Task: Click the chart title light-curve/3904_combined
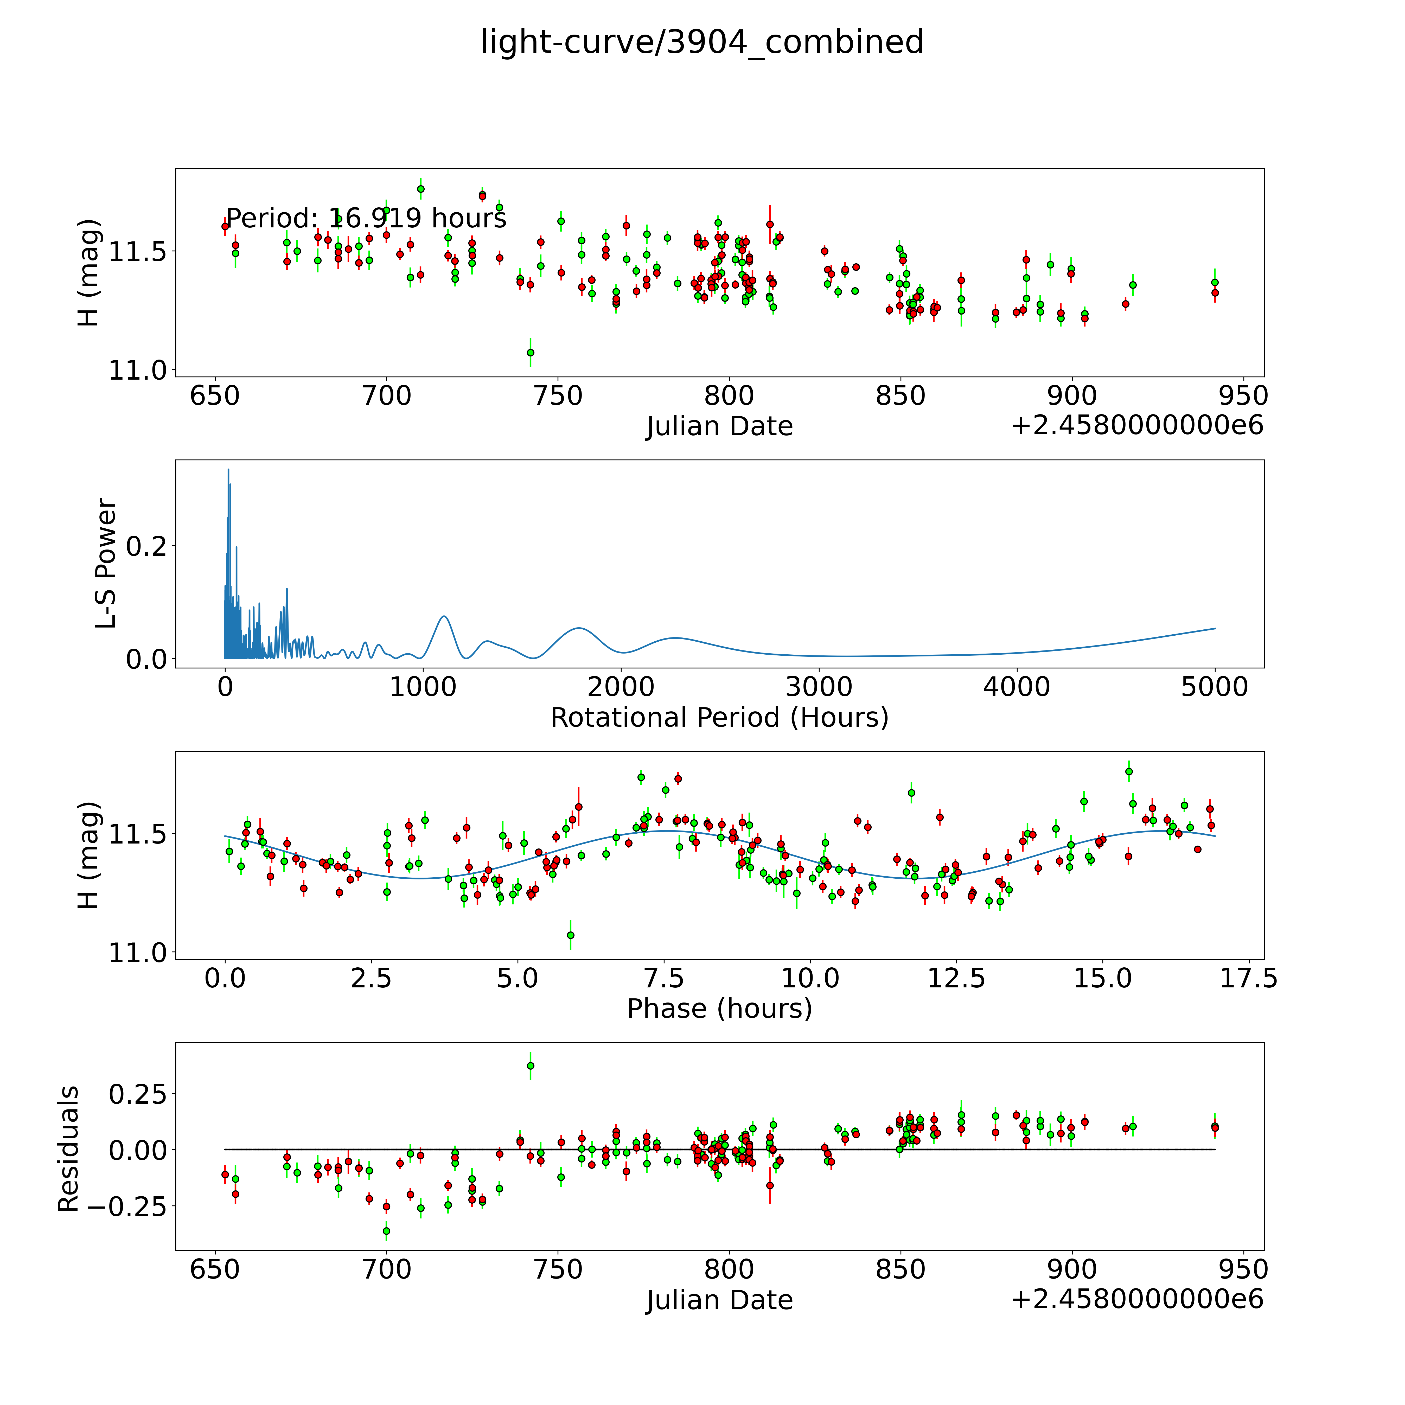(x=702, y=42)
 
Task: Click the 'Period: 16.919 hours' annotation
(x=366, y=218)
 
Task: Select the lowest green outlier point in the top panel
(x=530, y=353)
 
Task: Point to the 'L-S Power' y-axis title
(x=106, y=564)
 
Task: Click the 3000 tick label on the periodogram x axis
(x=819, y=687)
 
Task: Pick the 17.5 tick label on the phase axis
(x=1248, y=978)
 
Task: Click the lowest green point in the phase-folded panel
(x=571, y=935)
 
